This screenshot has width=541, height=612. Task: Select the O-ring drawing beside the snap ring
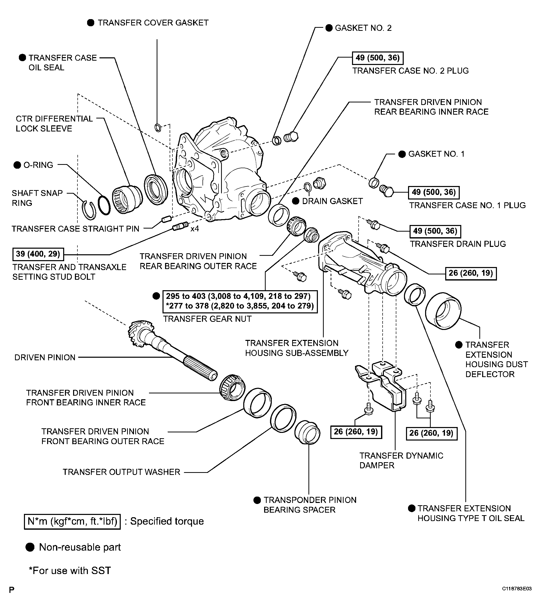[x=104, y=205]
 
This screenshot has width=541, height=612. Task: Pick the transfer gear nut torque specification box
[x=239, y=301]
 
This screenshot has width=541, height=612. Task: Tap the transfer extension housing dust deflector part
[x=443, y=311]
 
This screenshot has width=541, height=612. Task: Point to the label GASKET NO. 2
[x=363, y=28]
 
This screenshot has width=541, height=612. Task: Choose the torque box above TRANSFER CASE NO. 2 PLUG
[x=377, y=58]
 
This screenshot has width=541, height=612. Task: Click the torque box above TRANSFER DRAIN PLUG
[x=435, y=231]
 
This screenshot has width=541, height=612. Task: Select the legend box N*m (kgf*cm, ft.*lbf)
[x=72, y=521]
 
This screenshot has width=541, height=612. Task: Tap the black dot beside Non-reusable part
[x=30, y=547]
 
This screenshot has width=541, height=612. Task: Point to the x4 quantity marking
[x=195, y=229]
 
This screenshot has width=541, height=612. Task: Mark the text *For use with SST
[x=70, y=571]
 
